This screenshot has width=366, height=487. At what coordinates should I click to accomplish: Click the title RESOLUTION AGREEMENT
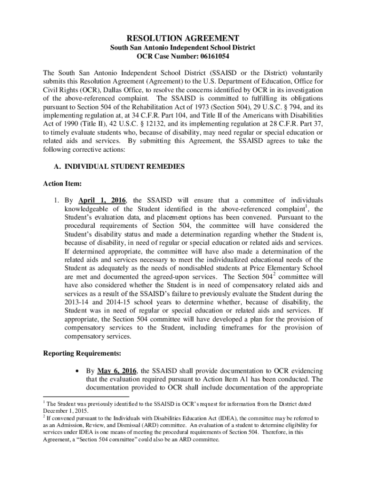click(x=183, y=38)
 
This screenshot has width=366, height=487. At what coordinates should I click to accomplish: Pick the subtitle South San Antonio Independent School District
click(x=183, y=48)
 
